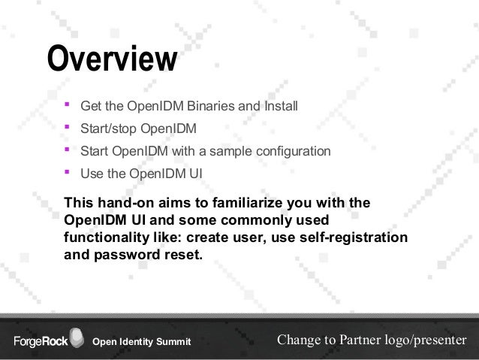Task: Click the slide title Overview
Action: point(112,60)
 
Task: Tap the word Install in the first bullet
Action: point(280,105)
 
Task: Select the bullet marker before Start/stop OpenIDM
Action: point(67,128)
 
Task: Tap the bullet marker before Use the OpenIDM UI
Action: point(67,173)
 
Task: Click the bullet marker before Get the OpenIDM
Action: point(67,104)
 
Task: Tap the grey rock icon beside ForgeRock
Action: point(77,337)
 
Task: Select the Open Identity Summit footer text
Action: point(141,343)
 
